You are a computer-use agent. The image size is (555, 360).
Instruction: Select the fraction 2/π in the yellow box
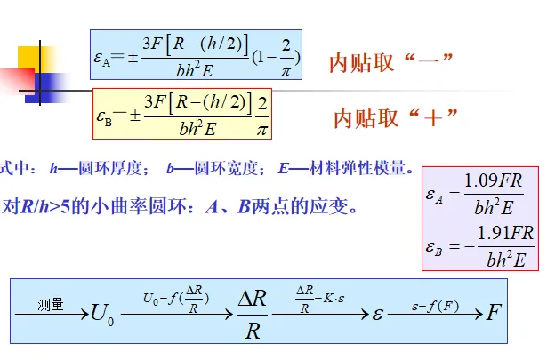[x=261, y=113]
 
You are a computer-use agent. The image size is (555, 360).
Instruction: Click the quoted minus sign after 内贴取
[x=431, y=61]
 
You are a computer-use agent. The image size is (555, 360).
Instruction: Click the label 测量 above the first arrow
[x=50, y=304]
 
